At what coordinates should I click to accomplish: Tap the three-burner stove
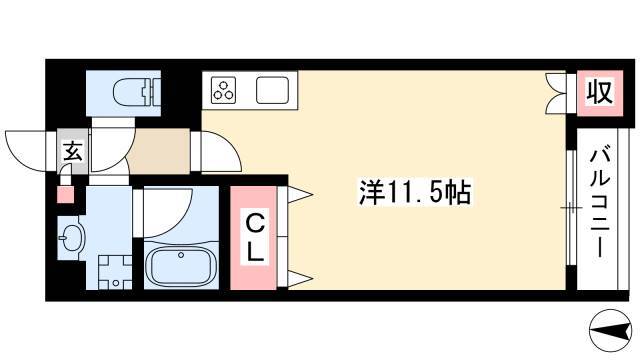pyautogui.click(x=223, y=90)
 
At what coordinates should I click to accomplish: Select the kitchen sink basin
pyautogui.click(x=273, y=90)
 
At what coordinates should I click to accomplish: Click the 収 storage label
pyautogui.click(x=600, y=92)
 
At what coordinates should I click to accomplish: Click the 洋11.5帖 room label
pyautogui.click(x=415, y=191)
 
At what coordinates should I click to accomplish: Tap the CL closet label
pyautogui.click(x=256, y=239)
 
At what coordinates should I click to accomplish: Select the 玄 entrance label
pyautogui.click(x=73, y=151)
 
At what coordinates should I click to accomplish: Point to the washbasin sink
pyautogui.click(x=71, y=238)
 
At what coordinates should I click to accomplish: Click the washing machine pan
pyautogui.click(x=116, y=272)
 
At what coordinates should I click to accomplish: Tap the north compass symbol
pyautogui.click(x=609, y=330)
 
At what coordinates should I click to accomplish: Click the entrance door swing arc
pyautogui.click(x=25, y=151)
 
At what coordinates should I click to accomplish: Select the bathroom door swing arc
pyautogui.click(x=168, y=213)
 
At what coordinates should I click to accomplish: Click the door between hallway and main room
pyautogui.click(x=221, y=151)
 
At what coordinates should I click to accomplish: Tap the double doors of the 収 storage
pyautogui.click(x=555, y=93)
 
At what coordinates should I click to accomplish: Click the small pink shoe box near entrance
pyautogui.click(x=65, y=194)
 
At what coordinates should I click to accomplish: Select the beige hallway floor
pyautogui.click(x=159, y=151)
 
